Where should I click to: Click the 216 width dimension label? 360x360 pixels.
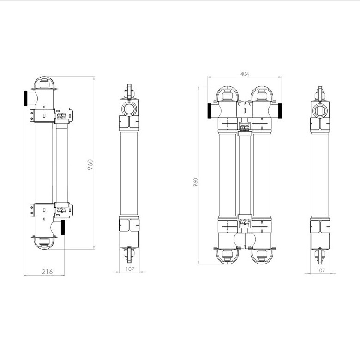[47, 271]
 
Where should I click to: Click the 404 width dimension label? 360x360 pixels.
[245, 74]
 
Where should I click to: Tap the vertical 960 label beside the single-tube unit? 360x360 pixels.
[90, 164]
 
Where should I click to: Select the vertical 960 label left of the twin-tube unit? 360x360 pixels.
[195, 182]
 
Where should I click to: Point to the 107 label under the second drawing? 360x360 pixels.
[130, 269]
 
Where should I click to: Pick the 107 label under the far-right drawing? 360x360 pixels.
[321, 270]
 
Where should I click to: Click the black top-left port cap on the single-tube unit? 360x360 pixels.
[25, 98]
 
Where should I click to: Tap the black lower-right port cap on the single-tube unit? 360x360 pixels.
[63, 228]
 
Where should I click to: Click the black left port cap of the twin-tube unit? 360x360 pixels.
[209, 111]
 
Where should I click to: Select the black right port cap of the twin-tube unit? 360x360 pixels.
[280, 111]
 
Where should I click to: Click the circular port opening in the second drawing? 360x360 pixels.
[129, 109]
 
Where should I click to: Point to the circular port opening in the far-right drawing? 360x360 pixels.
[320, 110]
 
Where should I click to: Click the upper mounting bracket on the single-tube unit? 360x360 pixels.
[51, 115]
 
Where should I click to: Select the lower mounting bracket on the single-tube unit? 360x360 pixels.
[51, 210]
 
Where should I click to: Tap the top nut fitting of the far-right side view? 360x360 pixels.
[320, 93]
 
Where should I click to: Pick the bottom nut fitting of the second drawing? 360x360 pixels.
[129, 255]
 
